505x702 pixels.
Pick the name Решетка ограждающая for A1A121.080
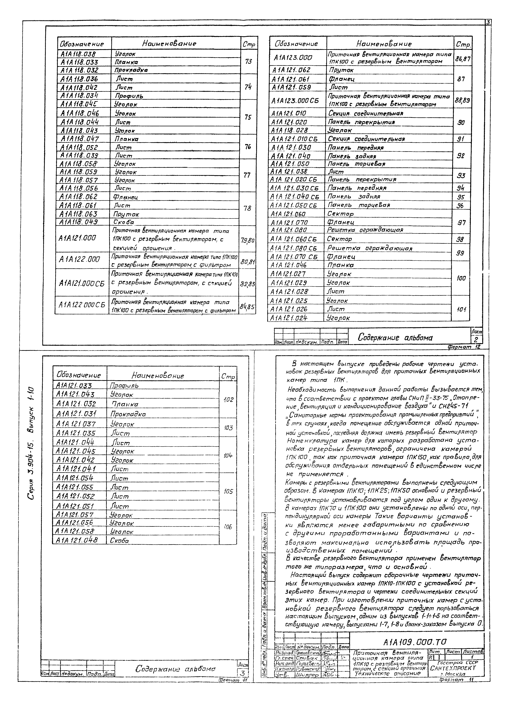pos(365,230)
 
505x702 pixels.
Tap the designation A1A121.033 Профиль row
pos(74,385)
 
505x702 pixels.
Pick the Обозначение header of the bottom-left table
pos(79,375)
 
